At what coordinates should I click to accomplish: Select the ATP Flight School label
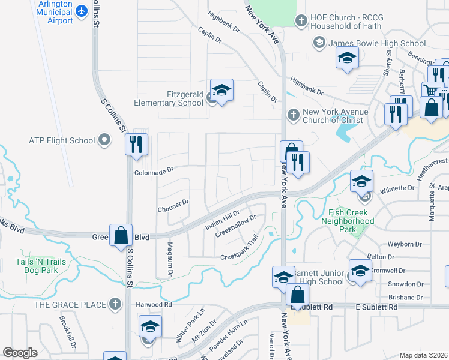[62, 141]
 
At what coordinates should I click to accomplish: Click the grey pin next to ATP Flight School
[104, 141]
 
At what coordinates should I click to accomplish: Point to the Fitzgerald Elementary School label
[168, 98]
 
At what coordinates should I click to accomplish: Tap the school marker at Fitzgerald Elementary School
[221, 91]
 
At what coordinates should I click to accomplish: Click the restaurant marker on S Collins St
[136, 144]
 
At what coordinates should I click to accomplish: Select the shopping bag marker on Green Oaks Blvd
[121, 235]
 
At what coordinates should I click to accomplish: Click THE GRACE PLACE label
[70, 305]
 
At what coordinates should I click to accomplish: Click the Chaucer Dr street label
[173, 205]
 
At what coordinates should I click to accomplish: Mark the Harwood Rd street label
[154, 305]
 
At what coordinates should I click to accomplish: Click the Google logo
[20, 353]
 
